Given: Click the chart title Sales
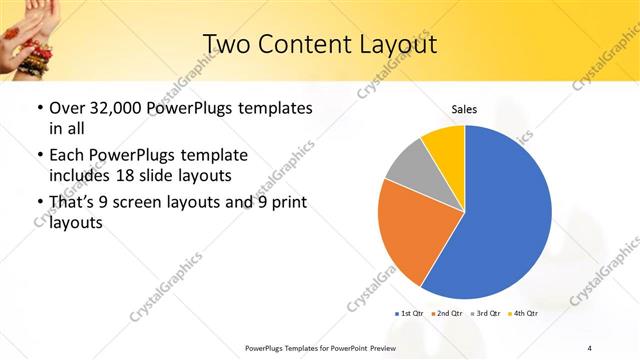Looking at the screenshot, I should pyautogui.click(x=464, y=109).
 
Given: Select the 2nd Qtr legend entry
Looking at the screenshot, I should pyautogui.click(x=448, y=313).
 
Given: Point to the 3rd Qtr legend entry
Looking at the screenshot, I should pyautogui.click(x=486, y=313).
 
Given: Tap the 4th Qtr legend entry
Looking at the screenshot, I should pyautogui.click(x=524, y=313).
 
